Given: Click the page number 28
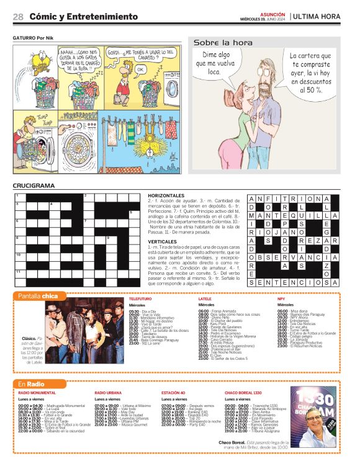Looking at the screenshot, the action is pos(18,17).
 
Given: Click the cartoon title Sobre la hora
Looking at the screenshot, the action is pos(223,42).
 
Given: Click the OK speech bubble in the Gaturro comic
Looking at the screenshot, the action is pos(140,69).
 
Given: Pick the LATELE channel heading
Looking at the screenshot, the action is pos(205,299).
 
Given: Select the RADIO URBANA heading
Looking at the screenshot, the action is pos(108,393).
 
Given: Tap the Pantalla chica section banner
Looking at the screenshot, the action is pos(38,296).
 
